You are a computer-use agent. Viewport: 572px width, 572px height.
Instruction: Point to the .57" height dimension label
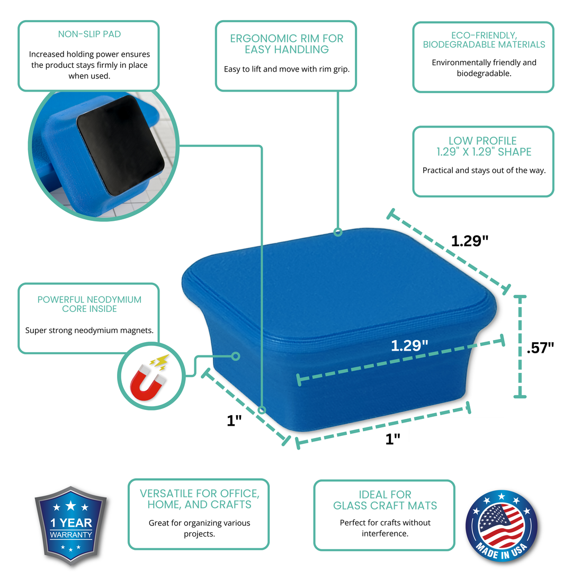[540, 347]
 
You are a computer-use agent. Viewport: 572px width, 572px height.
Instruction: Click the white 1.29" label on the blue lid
[409, 346]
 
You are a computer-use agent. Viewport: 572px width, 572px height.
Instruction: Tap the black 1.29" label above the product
[469, 240]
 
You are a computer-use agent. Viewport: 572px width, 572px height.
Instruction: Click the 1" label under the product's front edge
[392, 439]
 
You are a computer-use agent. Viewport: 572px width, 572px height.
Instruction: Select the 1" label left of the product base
[234, 421]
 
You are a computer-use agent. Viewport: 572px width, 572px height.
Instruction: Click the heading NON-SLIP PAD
[89, 34]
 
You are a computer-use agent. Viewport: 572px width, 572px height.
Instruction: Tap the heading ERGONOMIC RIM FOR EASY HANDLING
[287, 44]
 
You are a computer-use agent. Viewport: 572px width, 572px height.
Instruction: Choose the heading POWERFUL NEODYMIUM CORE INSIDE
[89, 304]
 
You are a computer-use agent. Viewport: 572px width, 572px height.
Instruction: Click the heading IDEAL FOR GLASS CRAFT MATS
[385, 500]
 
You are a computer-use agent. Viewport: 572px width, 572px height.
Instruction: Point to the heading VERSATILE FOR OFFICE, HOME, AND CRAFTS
[199, 499]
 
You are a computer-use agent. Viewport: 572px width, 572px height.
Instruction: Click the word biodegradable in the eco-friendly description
[484, 74]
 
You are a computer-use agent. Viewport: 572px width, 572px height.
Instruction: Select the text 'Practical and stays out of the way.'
[484, 171]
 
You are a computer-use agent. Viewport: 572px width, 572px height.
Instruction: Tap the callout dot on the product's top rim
[337, 231]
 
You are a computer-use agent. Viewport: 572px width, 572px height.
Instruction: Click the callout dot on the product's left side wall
[236, 356]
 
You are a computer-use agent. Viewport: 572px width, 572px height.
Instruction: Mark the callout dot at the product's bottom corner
[262, 409]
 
